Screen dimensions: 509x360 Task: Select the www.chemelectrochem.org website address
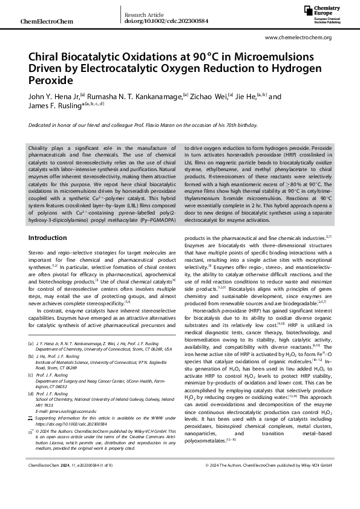tap(298, 37)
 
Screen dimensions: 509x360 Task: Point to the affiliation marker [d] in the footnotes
tap(31, 392)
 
